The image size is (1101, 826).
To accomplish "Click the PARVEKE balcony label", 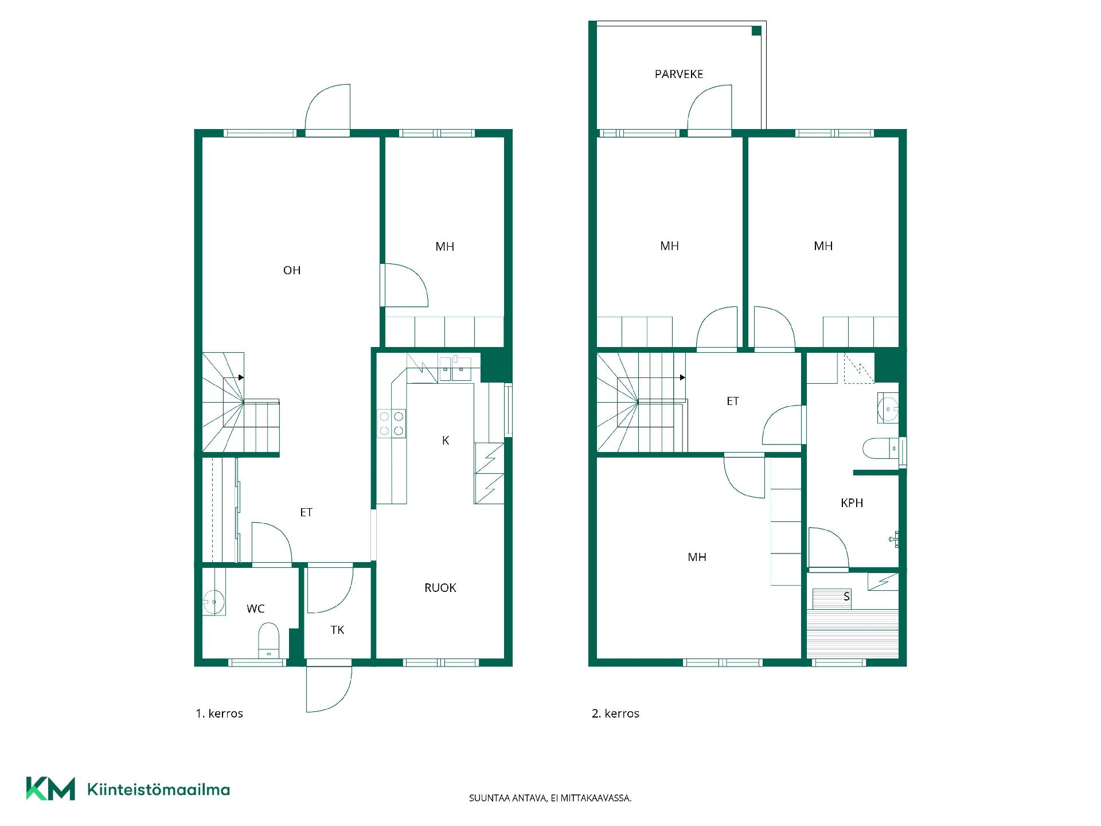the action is [679, 74].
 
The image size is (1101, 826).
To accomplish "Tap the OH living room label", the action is [292, 270].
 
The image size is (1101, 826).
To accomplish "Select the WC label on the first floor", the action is [256, 609].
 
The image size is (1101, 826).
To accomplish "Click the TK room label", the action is [337, 630].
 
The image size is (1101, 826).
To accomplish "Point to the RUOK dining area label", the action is [440, 587].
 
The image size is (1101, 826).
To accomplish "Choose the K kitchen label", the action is [446, 440].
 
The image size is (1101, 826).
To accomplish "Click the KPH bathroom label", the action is [852, 502].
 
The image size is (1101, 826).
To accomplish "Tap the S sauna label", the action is [846, 597].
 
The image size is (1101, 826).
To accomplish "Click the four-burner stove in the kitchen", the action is [391, 423].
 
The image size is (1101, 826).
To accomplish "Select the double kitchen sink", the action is [455, 369].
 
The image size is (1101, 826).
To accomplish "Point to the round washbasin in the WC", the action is [213, 602].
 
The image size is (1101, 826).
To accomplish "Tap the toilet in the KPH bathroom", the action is [881, 449].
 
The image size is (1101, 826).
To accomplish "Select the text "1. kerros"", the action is [220, 714].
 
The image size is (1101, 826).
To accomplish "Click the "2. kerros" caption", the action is [615, 714].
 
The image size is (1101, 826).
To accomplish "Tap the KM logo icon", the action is [50, 789].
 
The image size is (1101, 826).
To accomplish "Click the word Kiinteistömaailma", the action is [158, 789].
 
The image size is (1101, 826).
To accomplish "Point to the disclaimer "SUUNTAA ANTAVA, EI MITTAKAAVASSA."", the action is [550, 798].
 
